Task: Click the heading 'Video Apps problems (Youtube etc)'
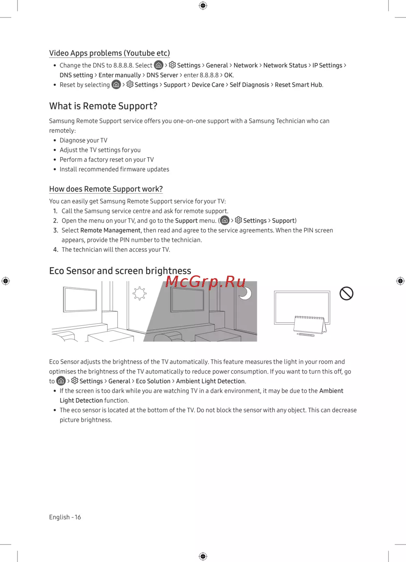(109, 53)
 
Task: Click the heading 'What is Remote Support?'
(103, 106)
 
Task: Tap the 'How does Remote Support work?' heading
(106, 189)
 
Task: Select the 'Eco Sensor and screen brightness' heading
(120, 271)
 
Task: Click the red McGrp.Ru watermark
(205, 281)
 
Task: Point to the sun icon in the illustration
(140, 293)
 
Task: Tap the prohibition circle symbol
(346, 293)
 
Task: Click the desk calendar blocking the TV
(310, 325)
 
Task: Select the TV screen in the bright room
(80, 300)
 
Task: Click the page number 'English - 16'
(65, 517)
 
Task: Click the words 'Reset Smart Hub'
(298, 85)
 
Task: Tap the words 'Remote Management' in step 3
(110, 230)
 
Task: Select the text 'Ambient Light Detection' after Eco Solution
(210, 381)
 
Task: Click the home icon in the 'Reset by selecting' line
(117, 84)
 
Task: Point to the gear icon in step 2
(238, 220)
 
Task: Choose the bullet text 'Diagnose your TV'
(83, 140)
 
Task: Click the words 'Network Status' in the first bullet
(285, 65)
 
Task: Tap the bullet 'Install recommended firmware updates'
(114, 169)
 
